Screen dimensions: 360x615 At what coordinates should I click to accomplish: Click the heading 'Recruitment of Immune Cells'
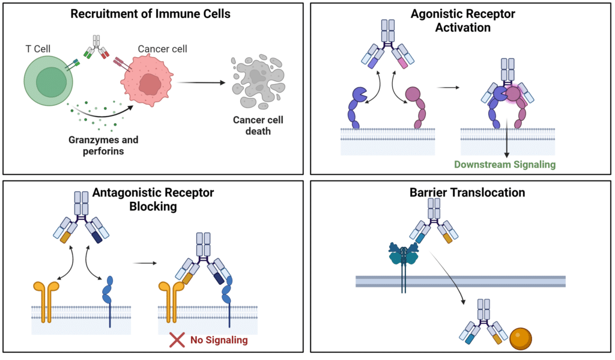tap(150, 14)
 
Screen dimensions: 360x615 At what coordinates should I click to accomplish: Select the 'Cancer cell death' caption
tap(258, 125)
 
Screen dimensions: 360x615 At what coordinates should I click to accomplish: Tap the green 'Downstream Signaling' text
tap(504, 164)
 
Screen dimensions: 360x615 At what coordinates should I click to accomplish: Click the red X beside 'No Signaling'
tap(177, 340)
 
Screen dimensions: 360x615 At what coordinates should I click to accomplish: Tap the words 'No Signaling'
tap(219, 340)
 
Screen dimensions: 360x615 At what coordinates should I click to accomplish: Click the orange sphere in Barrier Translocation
tap(521, 339)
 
